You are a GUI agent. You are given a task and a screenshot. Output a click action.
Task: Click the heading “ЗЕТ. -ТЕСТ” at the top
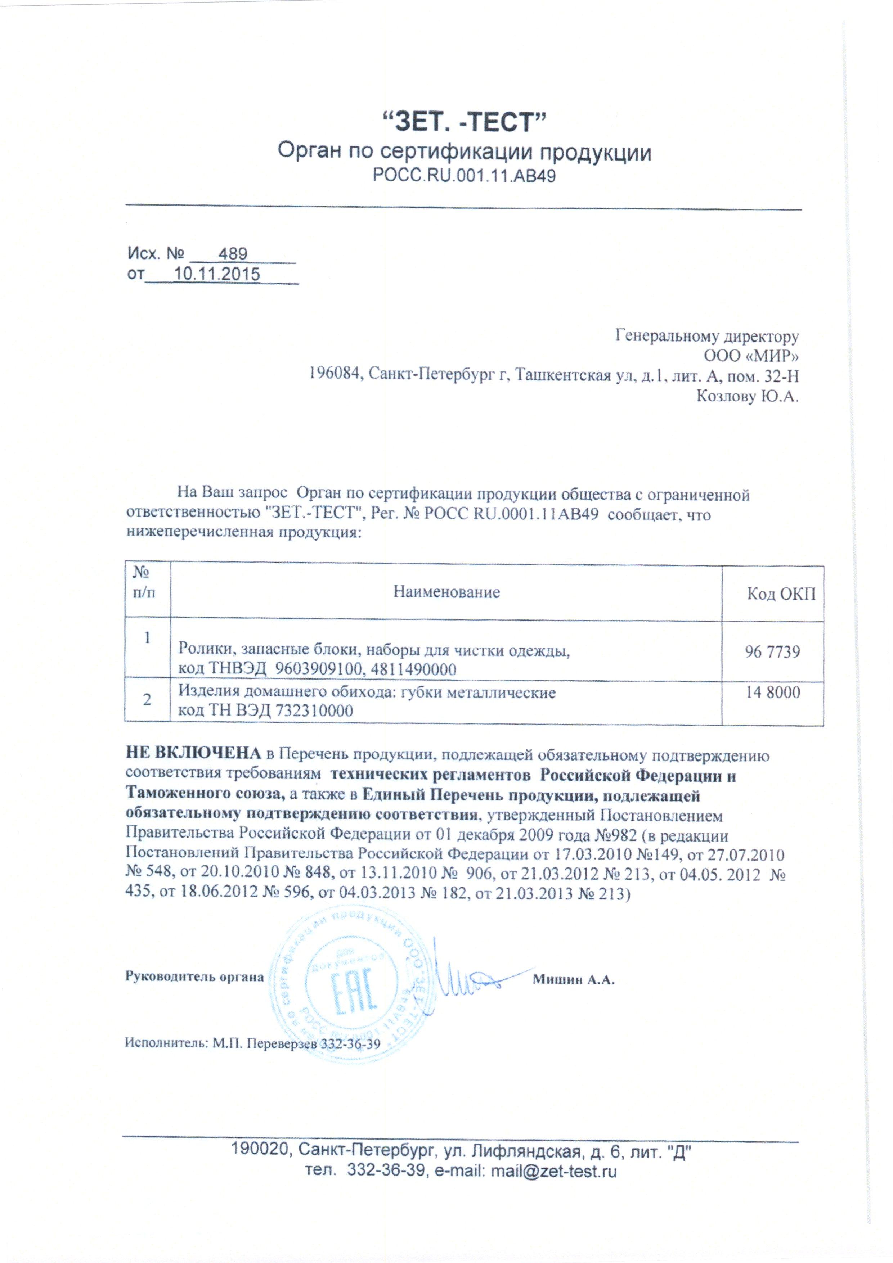pyautogui.click(x=463, y=122)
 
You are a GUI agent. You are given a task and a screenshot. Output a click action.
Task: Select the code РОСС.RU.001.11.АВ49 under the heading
pyautogui.click(x=464, y=176)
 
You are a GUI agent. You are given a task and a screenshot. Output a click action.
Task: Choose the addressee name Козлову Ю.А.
pyautogui.click(x=747, y=396)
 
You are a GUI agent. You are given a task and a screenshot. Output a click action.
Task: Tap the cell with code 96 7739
pyautogui.click(x=772, y=652)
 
